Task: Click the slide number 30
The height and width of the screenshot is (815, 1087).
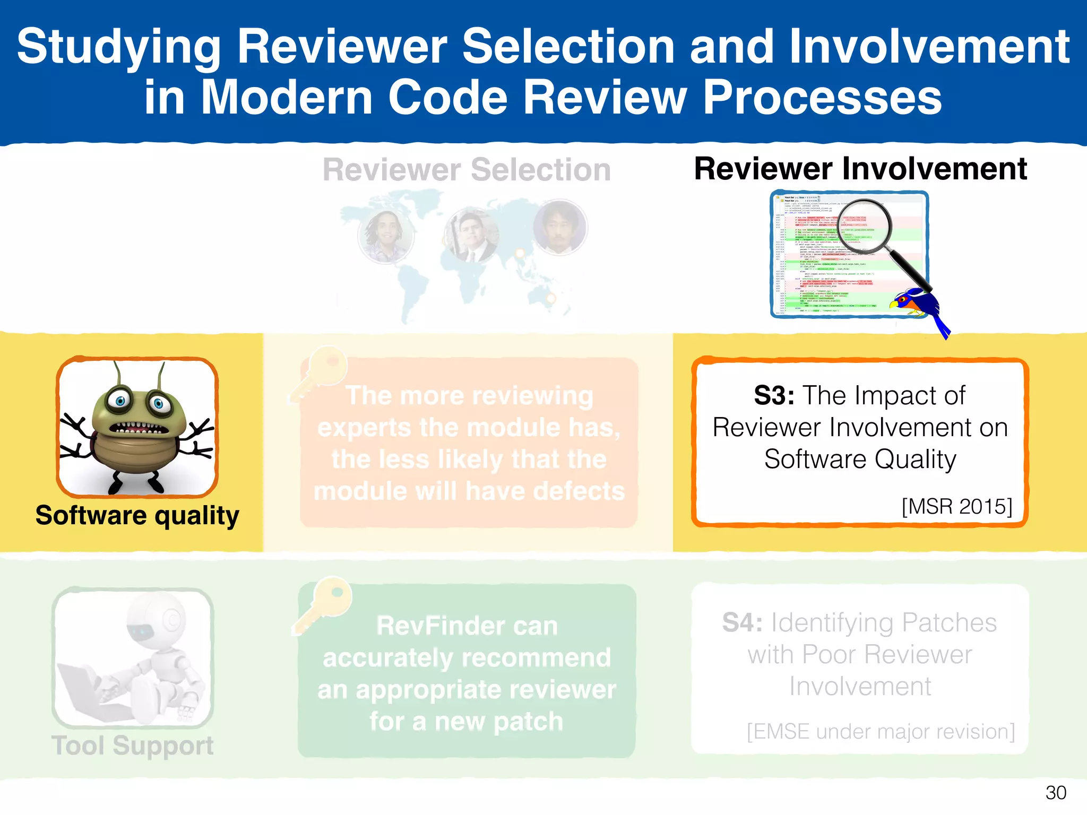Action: click(1055, 793)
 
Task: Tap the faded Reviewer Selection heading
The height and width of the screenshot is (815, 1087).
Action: click(467, 170)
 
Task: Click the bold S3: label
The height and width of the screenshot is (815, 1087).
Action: click(774, 396)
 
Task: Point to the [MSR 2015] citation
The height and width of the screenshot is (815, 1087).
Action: click(956, 506)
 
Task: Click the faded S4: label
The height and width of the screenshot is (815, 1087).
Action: click(742, 623)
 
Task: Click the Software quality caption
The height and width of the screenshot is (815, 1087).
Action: click(137, 516)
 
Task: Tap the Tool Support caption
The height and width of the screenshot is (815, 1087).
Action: click(132, 745)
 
